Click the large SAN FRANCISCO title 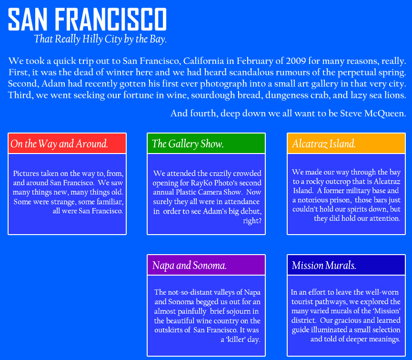(x=87, y=19)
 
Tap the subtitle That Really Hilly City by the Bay (x=100, y=39)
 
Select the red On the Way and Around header (x=67, y=144)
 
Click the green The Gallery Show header (x=206, y=144)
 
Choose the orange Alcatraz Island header (x=346, y=144)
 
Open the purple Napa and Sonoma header (x=206, y=265)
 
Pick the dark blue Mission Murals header (x=346, y=265)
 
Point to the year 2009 (x=296, y=61)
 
